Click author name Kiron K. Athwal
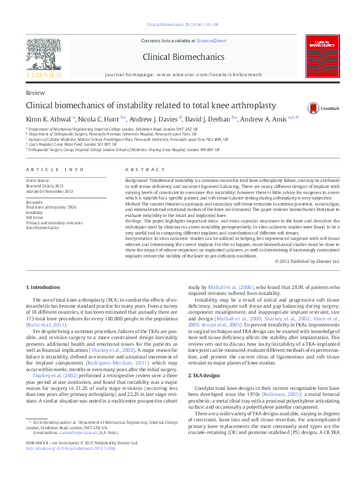[x=48, y=118]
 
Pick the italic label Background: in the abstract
[x=137, y=181]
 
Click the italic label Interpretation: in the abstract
[x=140, y=239]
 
